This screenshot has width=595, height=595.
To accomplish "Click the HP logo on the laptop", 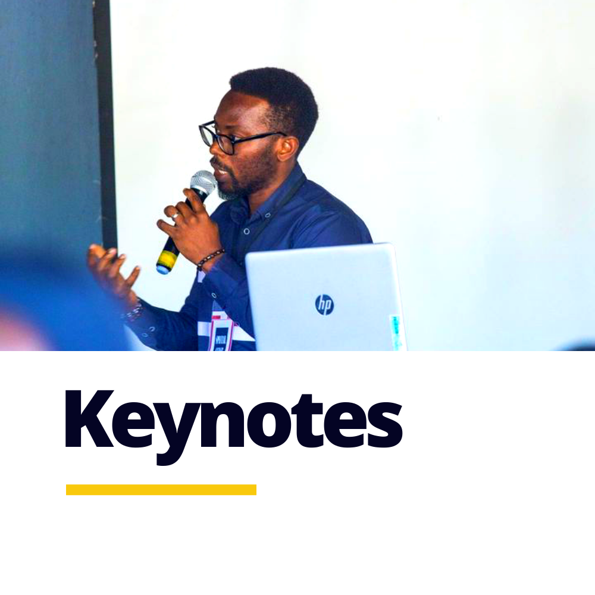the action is coord(324,305).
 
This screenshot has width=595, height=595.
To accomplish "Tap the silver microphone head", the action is coord(203,183).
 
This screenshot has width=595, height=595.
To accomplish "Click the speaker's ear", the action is coord(287,149).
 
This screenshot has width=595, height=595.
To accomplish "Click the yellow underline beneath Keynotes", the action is coord(161,490).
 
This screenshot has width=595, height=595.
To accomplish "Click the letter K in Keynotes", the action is coord(90,418).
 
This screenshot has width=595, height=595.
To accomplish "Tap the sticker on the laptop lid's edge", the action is coord(396,331).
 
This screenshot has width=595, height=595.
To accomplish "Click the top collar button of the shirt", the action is coord(247,231).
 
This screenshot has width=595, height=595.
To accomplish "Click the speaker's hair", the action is coord(275,99).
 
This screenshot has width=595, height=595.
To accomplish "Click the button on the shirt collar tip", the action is coord(269,215).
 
